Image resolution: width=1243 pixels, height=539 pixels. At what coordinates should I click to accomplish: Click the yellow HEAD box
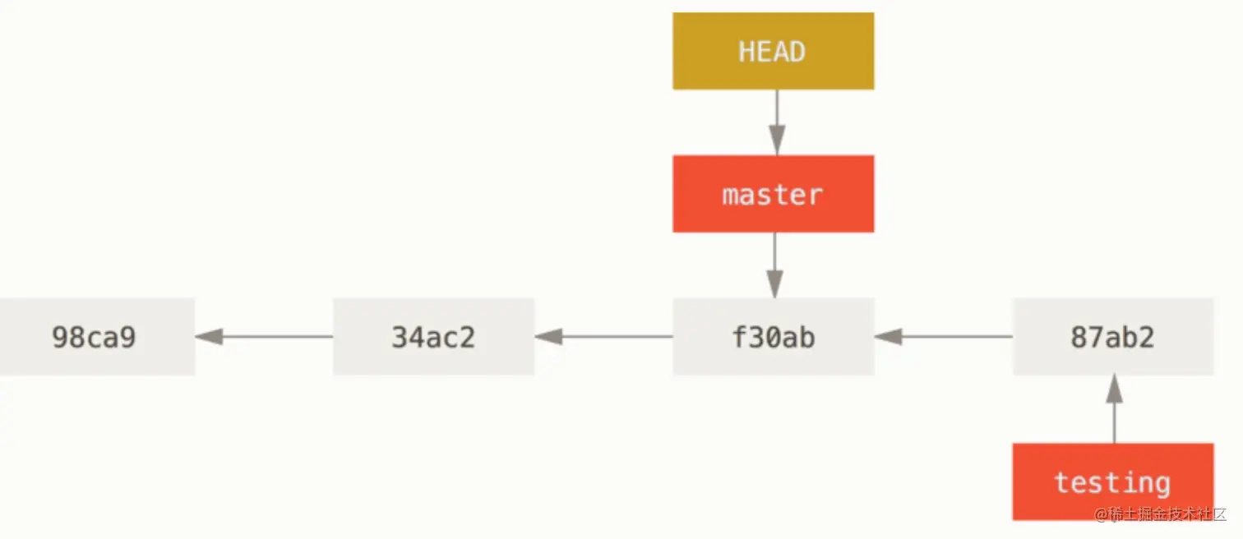click(x=774, y=51)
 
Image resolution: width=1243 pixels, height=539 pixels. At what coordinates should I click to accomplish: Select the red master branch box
click(x=774, y=194)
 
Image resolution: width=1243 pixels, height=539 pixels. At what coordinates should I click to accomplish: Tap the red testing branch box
click(x=1113, y=481)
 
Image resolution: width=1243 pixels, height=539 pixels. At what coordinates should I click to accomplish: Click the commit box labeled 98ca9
click(x=97, y=337)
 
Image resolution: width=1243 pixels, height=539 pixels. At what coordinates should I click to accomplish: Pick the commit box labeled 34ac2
click(x=434, y=337)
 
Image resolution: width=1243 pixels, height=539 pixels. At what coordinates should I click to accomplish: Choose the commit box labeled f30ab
click(x=774, y=337)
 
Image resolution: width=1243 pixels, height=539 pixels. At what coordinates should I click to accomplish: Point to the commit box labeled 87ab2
click(x=1113, y=337)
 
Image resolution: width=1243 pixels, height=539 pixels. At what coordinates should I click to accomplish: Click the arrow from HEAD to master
click(x=777, y=122)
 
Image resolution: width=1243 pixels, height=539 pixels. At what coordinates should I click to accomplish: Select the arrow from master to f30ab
click(x=775, y=265)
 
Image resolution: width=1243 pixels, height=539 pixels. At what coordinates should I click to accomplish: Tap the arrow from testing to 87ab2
click(x=1114, y=409)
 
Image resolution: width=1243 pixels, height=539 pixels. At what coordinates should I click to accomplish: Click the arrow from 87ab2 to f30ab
click(x=944, y=337)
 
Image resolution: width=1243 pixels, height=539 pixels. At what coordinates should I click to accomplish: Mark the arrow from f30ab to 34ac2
click(x=603, y=337)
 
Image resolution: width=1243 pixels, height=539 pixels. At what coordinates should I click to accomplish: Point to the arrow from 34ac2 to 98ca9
click(x=264, y=337)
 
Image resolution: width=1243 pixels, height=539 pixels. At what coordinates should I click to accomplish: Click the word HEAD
click(x=772, y=52)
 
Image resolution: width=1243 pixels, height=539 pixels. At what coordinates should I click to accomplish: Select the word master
click(x=772, y=196)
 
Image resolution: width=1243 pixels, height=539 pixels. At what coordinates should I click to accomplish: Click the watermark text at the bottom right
click(x=1160, y=514)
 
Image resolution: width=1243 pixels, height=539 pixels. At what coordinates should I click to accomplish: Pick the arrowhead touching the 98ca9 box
click(x=209, y=337)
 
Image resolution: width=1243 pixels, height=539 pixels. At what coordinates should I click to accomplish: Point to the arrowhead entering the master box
click(x=777, y=141)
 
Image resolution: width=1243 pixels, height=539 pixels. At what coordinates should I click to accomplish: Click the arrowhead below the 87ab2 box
click(x=1114, y=389)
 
